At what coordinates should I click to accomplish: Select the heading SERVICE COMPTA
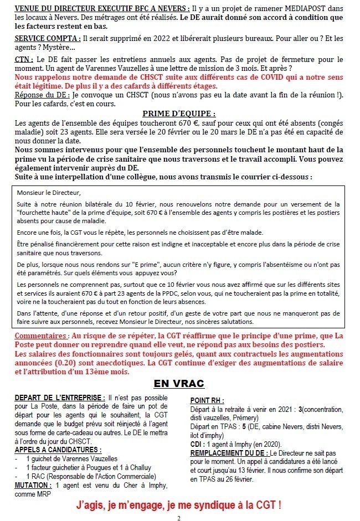point(46,38)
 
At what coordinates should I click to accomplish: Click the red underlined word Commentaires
point(42,336)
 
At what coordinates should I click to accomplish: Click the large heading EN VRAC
point(178,384)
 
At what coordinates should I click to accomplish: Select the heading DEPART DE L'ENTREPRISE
point(59,398)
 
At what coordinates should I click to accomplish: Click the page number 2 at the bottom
point(178,517)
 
